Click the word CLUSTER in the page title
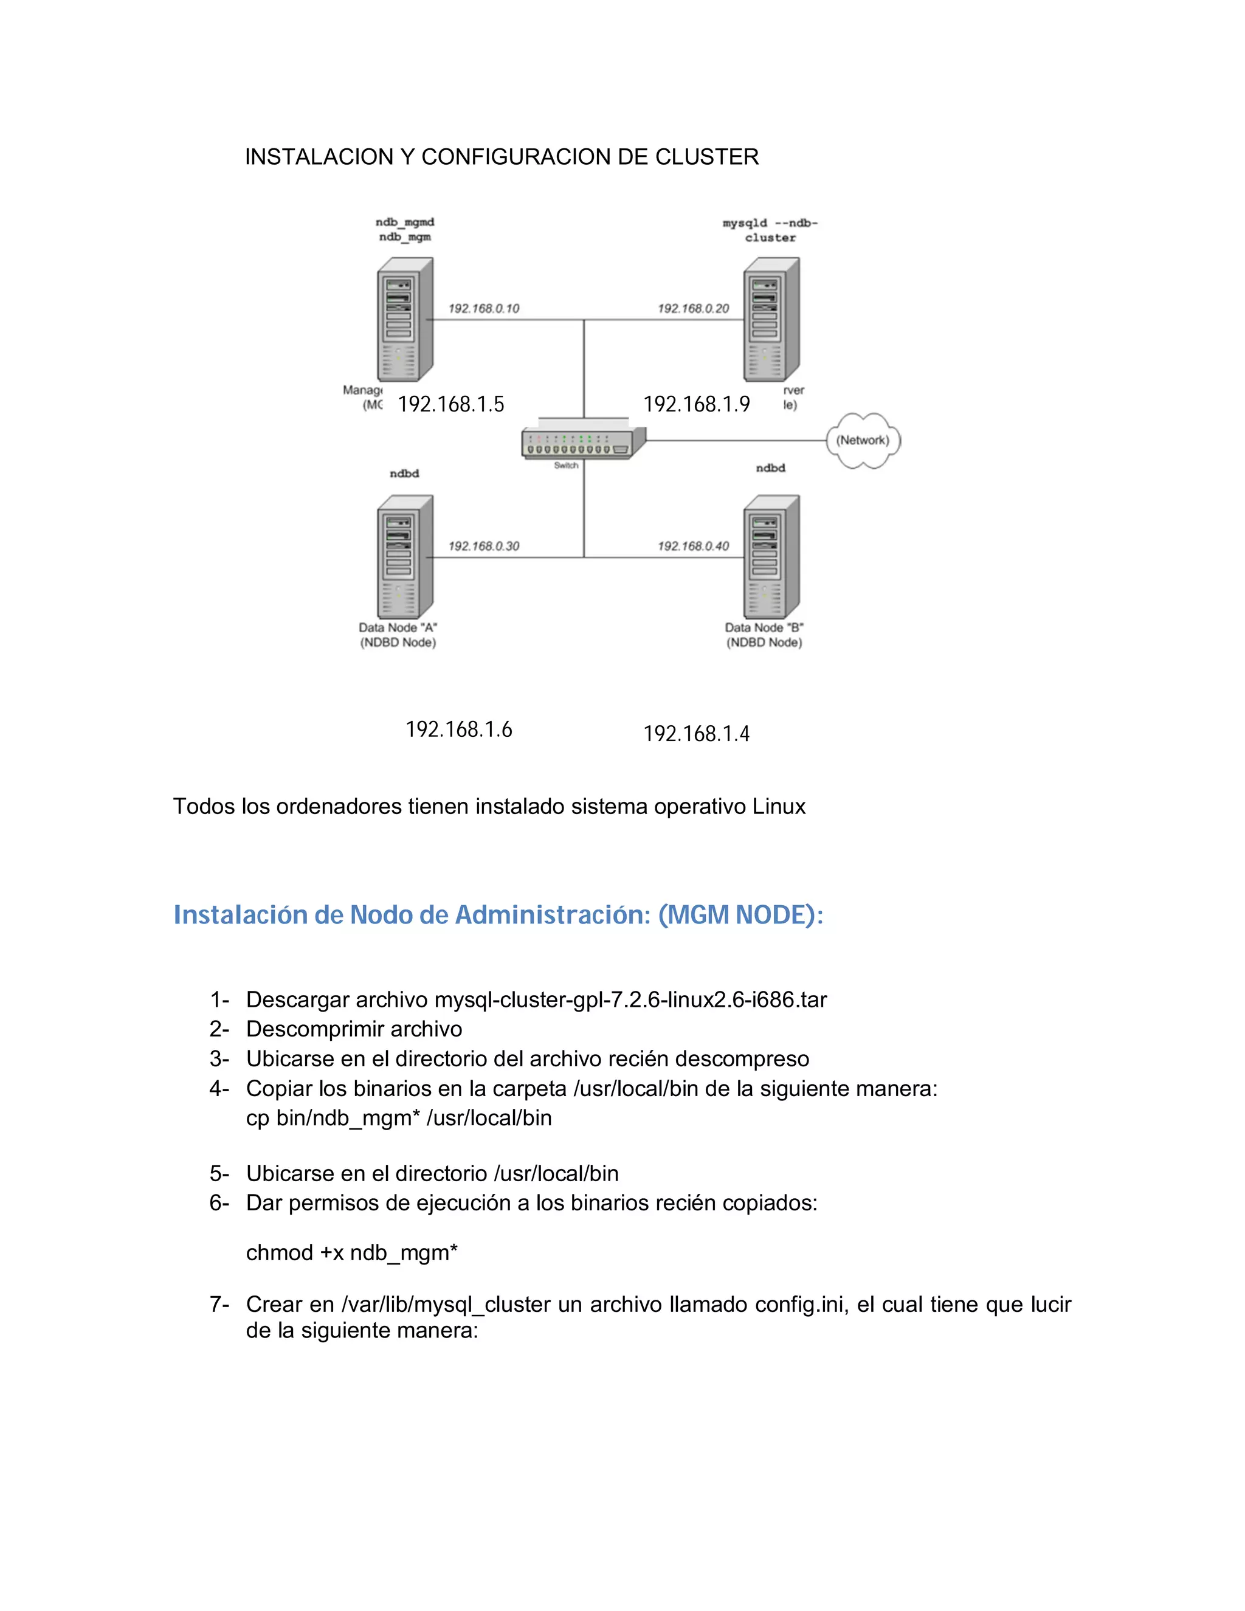pyautogui.click(x=706, y=157)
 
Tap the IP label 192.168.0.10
pyautogui.click(x=484, y=308)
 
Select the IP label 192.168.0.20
pyautogui.click(x=693, y=308)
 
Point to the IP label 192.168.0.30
pyautogui.click(x=484, y=546)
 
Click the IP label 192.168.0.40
pyautogui.click(x=693, y=546)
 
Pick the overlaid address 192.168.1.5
pyautogui.click(x=450, y=404)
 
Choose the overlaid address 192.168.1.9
pyautogui.click(x=696, y=404)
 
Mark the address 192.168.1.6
pyautogui.click(x=459, y=730)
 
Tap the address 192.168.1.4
pyautogui.click(x=696, y=734)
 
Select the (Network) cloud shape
pyautogui.click(x=862, y=440)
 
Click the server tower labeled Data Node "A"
pyautogui.click(x=404, y=557)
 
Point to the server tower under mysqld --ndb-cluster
pyautogui.click(x=771, y=319)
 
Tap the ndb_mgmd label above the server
pyautogui.click(x=405, y=222)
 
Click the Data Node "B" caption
pyautogui.click(x=764, y=628)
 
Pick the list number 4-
pyautogui.click(x=219, y=1088)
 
